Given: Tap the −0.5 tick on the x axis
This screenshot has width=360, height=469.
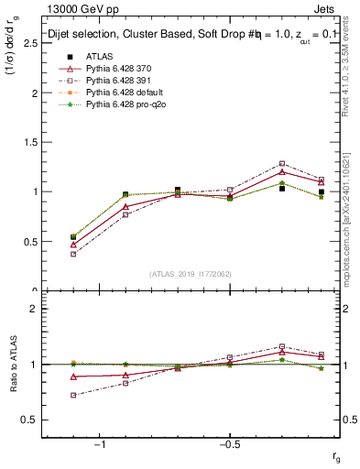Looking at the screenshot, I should click(229, 444).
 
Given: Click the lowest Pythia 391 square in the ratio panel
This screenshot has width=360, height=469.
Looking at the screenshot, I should click(73, 395).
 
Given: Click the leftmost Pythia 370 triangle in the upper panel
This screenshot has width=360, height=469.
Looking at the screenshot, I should click(73, 245).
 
